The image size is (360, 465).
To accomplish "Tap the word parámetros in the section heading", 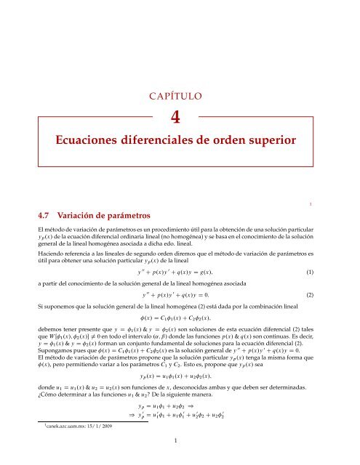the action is (130, 216).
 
